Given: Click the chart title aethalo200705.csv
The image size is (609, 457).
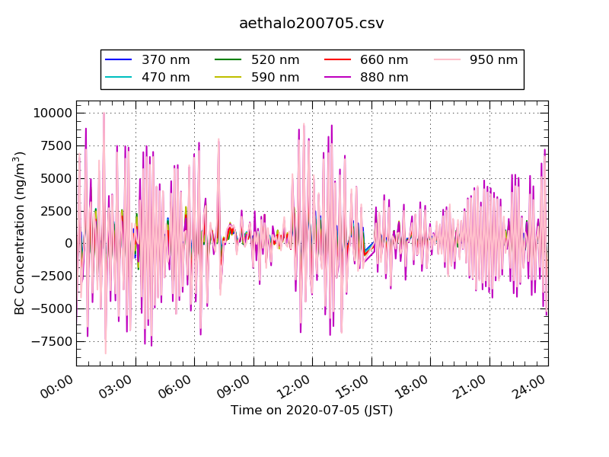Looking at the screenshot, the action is coord(311,24).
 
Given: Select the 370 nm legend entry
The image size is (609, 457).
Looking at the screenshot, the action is coord(148,60).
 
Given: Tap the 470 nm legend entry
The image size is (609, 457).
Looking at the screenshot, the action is coord(148,78).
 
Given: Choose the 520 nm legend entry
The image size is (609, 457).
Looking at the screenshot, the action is coord(257,60).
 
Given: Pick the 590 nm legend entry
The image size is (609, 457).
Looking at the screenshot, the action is coord(257,78).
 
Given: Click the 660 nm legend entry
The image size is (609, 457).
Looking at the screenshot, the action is coord(366,60).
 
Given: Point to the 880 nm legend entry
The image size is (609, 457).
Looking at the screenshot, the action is coord(366,78).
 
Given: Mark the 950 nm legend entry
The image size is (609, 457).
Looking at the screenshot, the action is coord(476,60).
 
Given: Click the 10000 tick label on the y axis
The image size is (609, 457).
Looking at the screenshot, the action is coord(53,113).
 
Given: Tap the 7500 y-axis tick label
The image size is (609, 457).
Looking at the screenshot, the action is coord(56,145).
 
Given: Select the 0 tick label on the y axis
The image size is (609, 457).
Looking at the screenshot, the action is coord(69,243).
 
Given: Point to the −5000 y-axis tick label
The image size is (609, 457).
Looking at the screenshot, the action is coord(52,308).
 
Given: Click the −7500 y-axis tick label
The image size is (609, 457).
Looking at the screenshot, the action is coord(52,341).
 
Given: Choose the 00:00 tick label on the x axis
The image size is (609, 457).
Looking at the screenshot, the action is coord(56,387).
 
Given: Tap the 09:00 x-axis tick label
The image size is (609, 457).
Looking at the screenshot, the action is coord(234,387).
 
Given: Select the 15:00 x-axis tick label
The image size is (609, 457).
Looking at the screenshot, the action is coord(352,387).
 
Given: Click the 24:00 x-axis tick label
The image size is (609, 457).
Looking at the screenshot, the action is coord(528,387).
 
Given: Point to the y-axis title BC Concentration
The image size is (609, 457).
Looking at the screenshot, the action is coord(20,233).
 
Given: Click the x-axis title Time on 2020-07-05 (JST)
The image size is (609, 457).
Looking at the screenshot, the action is coord(312,410).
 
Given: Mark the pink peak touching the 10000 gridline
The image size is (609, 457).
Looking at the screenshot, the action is coord(104,113).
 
